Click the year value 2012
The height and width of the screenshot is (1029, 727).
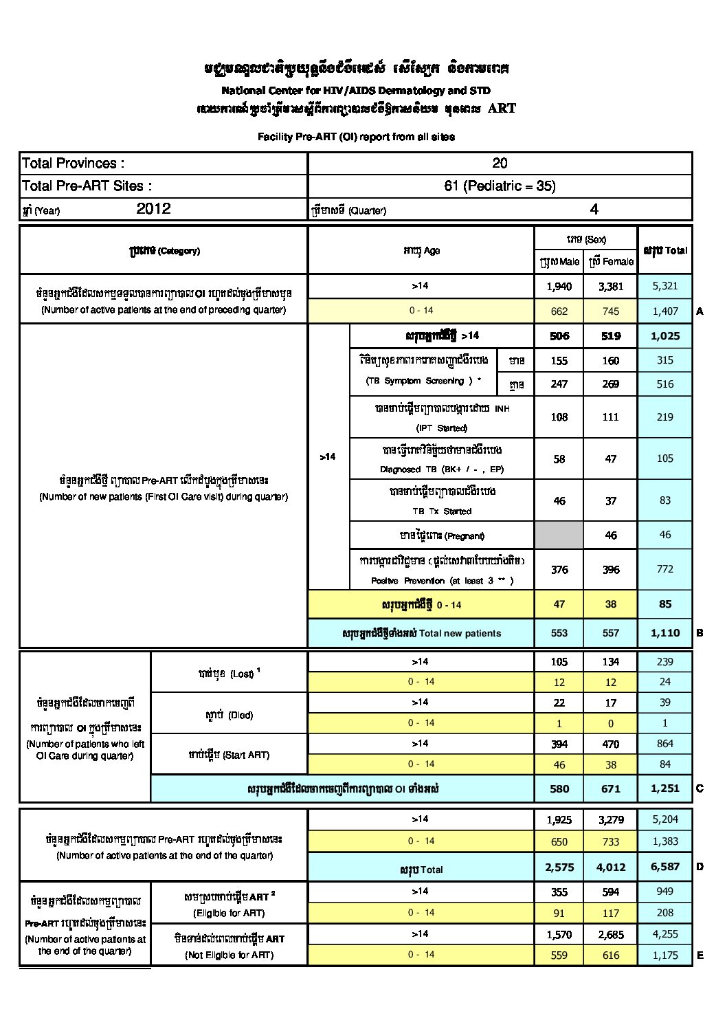pos(153,209)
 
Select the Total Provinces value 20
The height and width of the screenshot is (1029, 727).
pos(500,163)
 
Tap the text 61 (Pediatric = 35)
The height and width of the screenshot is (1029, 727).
pos(500,186)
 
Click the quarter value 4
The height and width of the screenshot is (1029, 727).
pos(594,209)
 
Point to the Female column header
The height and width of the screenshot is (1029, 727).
pos(610,261)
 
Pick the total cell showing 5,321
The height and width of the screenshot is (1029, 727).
pos(664,286)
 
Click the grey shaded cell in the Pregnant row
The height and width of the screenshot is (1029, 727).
pos(559,535)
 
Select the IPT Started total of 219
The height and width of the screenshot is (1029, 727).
pos(664,417)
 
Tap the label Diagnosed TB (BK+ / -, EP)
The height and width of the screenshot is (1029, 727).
pos(442,469)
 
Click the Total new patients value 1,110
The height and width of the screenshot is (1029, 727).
pos(664,633)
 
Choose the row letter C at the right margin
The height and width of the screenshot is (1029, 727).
pos(700,788)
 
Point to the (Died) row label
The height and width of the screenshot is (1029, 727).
pos(229,715)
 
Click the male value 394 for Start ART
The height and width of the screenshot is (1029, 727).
pos(559,744)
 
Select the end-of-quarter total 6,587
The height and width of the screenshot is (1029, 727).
pos(664,867)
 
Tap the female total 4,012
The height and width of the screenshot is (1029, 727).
pos(610,867)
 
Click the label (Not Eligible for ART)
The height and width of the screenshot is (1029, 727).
pos(229,955)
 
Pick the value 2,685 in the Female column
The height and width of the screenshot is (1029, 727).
pos(610,934)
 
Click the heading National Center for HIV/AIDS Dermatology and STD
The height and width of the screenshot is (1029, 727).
pos(356,90)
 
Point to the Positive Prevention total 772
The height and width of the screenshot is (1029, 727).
pos(664,569)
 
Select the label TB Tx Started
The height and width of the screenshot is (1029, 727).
pos(442,511)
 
